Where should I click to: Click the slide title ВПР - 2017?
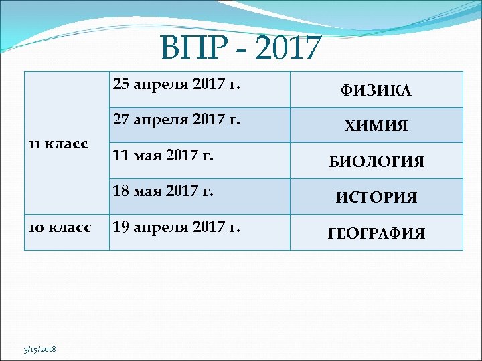(x=241, y=48)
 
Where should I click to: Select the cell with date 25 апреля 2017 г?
(x=177, y=84)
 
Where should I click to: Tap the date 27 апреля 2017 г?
(x=177, y=120)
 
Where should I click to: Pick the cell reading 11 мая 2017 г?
(x=163, y=156)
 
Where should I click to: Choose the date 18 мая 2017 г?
(x=163, y=191)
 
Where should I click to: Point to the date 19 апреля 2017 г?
(x=177, y=227)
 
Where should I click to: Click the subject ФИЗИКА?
(x=376, y=90)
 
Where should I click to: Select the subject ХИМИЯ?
(x=376, y=126)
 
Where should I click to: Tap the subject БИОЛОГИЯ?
(x=376, y=162)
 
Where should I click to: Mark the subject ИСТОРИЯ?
(x=376, y=197)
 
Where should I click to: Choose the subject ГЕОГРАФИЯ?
(x=376, y=233)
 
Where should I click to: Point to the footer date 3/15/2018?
(x=41, y=350)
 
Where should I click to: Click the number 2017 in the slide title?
(x=289, y=48)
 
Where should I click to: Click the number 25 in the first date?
(x=121, y=84)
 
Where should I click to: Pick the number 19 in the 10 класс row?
(x=121, y=227)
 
